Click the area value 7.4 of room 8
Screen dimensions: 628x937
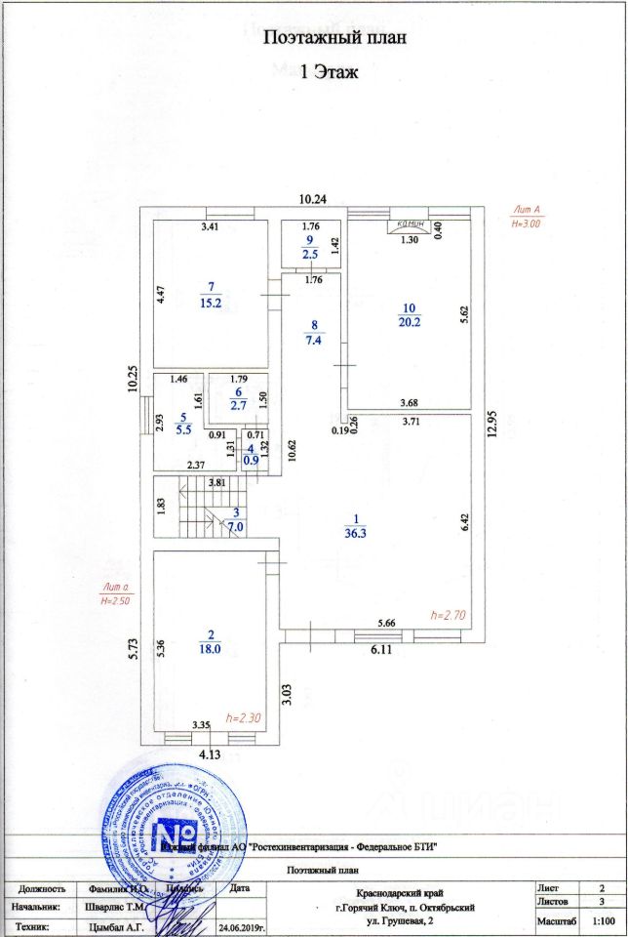tap(314, 340)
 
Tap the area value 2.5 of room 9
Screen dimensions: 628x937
tap(309, 254)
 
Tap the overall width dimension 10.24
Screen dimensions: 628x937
tap(312, 199)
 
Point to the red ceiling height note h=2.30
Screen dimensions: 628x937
tap(243, 718)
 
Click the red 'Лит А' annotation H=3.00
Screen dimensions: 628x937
tap(526, 217)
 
